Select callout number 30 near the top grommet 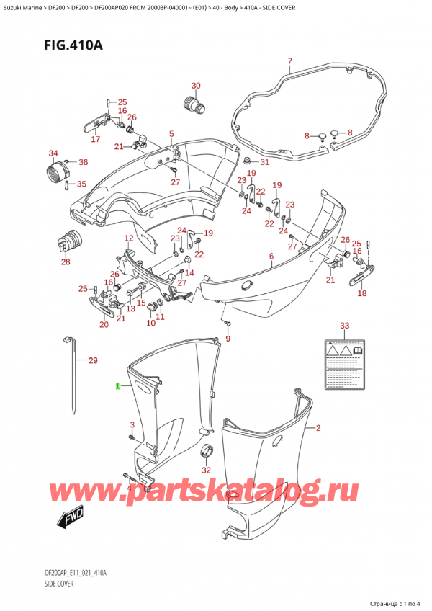196,86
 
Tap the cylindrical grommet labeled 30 195,106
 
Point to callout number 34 53,153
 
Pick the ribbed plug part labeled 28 70,241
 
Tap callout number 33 344,326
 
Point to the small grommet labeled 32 206,453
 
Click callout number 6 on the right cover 271,257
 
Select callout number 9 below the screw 228,339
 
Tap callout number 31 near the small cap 264,162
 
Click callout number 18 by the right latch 361,293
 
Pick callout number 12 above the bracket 129,238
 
